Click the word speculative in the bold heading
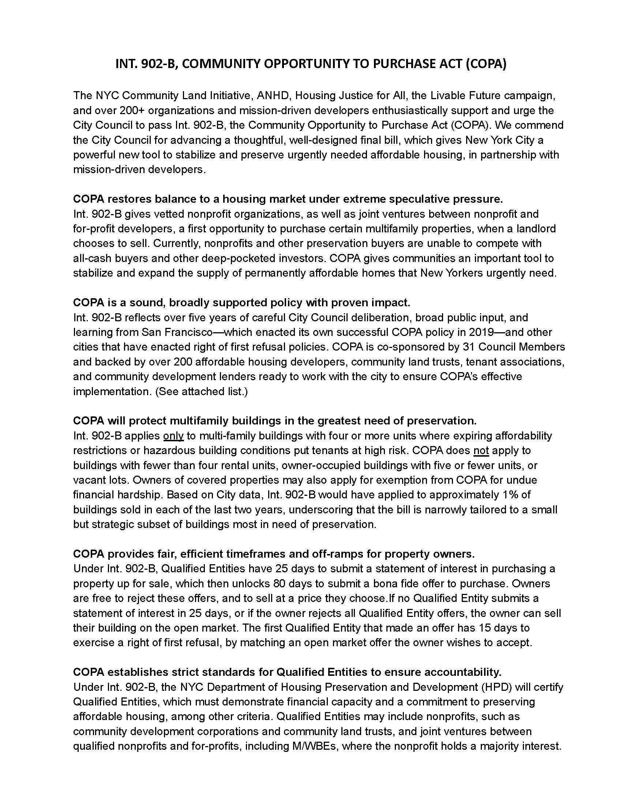click(419, 199)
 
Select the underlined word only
click(173, 436)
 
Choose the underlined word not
click(480, 450)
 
